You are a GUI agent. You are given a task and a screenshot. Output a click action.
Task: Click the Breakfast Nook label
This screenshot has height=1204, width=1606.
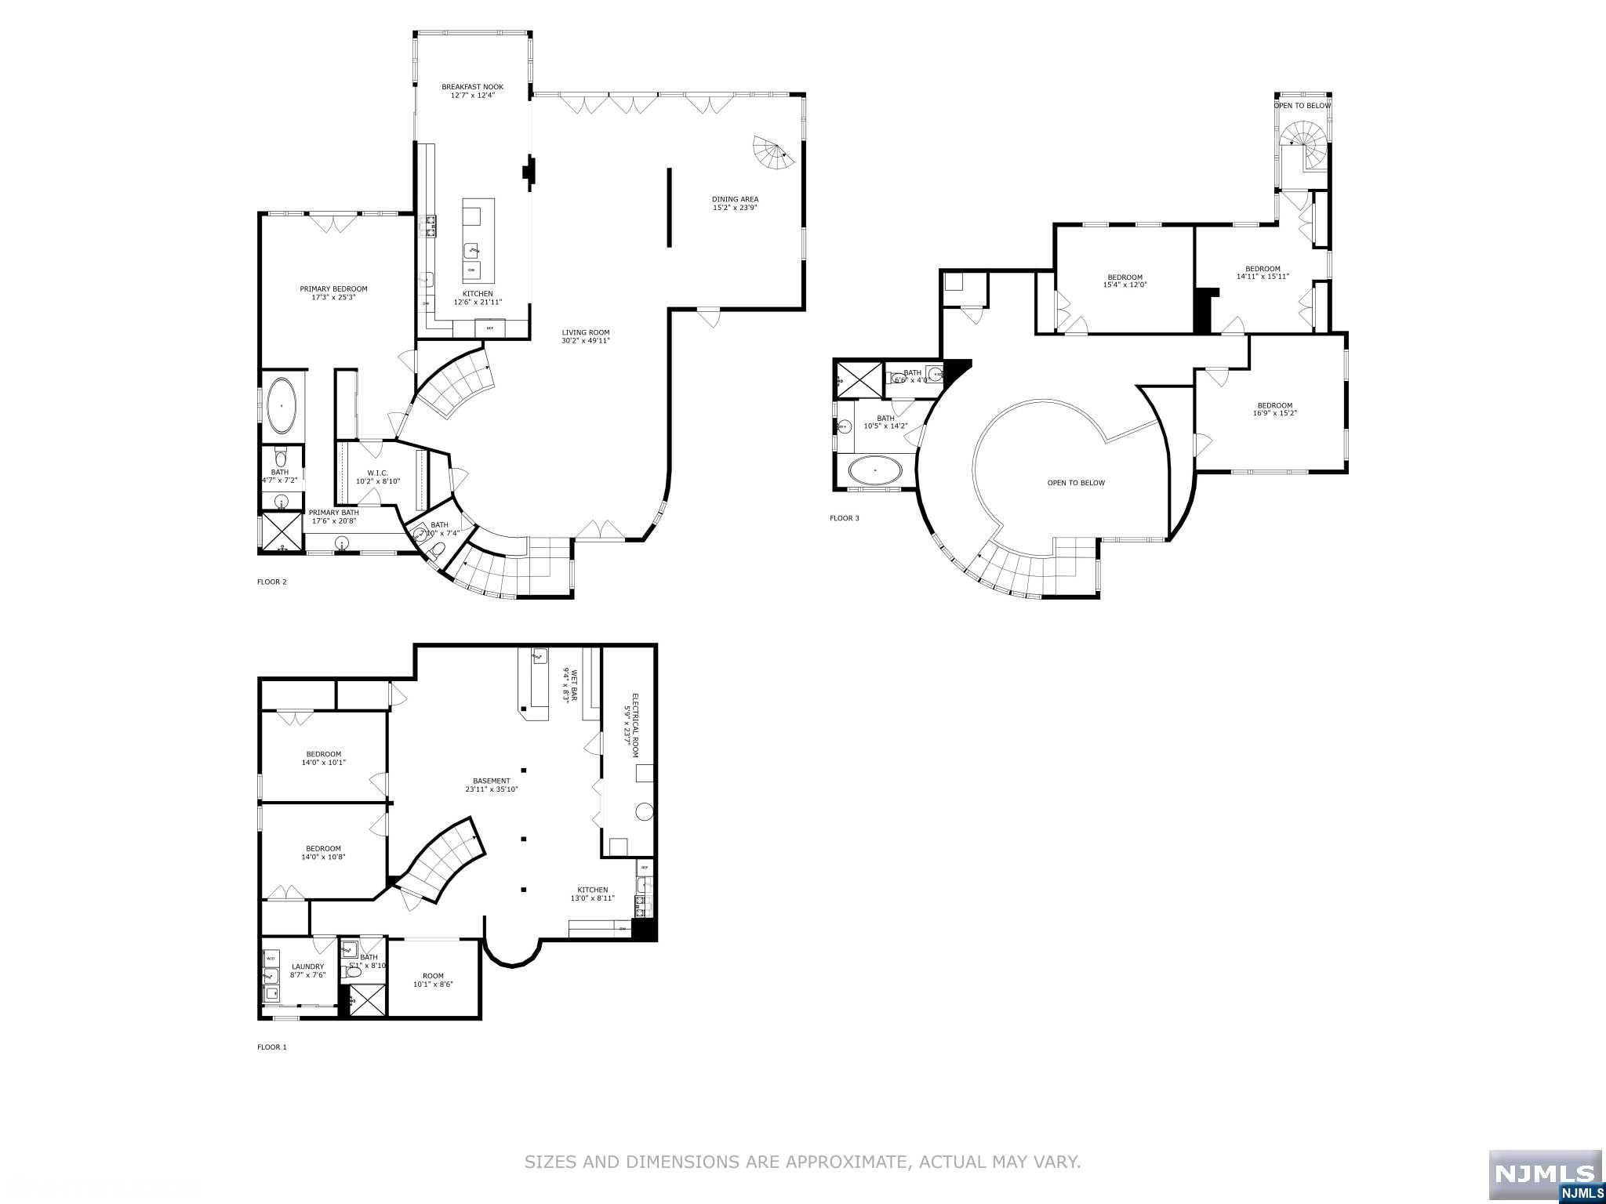click(x=472, y=87)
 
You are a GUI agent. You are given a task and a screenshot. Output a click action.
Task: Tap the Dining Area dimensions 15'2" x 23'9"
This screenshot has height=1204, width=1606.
click(x=735, y=208)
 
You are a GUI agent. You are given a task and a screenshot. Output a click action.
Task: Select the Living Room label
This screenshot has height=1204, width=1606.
click(x=585, y=332)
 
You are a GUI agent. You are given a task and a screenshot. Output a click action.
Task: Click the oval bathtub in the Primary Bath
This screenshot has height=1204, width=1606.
click(x=282, y=406)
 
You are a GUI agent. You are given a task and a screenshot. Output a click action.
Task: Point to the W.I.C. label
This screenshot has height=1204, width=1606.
click(x=378, y=473)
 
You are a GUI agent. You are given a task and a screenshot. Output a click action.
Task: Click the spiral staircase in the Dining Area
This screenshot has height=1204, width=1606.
click(x=773, y=154)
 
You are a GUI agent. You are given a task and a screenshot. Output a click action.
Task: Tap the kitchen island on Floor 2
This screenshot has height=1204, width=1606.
click(x=478, y=241)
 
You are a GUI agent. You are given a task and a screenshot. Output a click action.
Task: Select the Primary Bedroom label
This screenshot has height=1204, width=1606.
click(x=333, y=288)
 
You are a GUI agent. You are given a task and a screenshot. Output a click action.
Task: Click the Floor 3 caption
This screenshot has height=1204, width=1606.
click(x=844, y=518)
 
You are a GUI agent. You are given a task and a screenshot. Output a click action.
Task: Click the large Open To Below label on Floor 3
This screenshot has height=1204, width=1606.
click(x=1076, y=483)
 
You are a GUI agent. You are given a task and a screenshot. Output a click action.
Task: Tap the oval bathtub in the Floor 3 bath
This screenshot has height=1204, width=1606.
click(x=875, y=472)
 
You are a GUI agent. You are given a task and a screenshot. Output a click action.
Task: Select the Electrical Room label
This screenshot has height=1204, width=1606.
click(x=636, y=725)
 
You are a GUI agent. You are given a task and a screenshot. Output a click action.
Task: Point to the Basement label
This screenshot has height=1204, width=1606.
click(x=492, y=781)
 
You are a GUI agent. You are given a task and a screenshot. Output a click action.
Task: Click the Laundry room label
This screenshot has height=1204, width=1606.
click(x=307, y=966)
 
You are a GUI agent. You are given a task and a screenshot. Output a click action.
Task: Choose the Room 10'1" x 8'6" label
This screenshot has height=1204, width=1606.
click(x=433, y=976)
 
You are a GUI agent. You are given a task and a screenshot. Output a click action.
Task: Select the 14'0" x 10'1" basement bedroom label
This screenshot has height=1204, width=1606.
click(x=323, y=754)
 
